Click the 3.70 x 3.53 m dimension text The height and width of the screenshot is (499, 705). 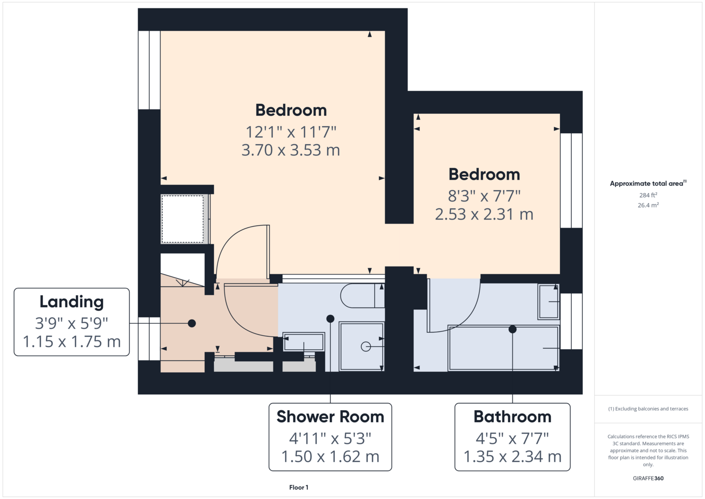(290, 150)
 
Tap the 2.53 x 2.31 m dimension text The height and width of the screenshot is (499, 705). (484, 214)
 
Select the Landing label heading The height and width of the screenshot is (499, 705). (71, 302)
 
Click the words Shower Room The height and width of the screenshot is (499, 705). (330, 417)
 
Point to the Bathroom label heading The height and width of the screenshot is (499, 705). (512, 417)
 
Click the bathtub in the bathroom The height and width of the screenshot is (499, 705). (503, 348)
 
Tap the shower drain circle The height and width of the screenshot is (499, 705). (365, 347)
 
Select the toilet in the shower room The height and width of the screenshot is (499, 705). (362, 295)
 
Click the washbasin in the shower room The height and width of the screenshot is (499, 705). (304, 342)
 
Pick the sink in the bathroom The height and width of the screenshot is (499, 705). (548, 301)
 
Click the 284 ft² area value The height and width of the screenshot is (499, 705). (648, 195)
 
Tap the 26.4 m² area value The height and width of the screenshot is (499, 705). (648, 205)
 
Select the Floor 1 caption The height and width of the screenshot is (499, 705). (299, 488)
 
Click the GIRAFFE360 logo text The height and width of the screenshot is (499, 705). (648, 478)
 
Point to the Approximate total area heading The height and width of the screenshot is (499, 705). (648, 183)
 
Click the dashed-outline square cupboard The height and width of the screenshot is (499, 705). (183, 219)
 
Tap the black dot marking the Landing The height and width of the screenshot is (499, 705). (192, 323)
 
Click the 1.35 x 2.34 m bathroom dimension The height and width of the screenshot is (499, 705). (512, 457)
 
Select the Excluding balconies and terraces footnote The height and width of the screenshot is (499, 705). (648, 409)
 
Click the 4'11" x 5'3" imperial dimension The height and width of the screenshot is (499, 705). (330, 438)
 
